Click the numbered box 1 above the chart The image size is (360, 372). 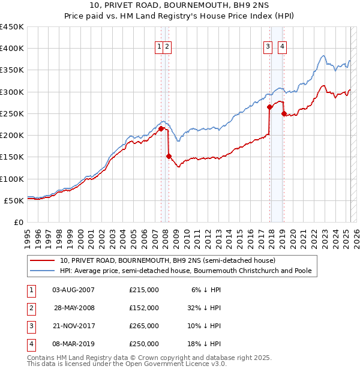coord(160,47)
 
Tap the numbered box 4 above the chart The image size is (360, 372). coord(282,47)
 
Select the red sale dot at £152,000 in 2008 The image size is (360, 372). coord(169,156)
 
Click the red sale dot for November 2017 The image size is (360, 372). coord(269,107)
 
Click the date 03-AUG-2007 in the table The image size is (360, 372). coord(74,289)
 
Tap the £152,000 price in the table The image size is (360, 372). coord(144,307)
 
